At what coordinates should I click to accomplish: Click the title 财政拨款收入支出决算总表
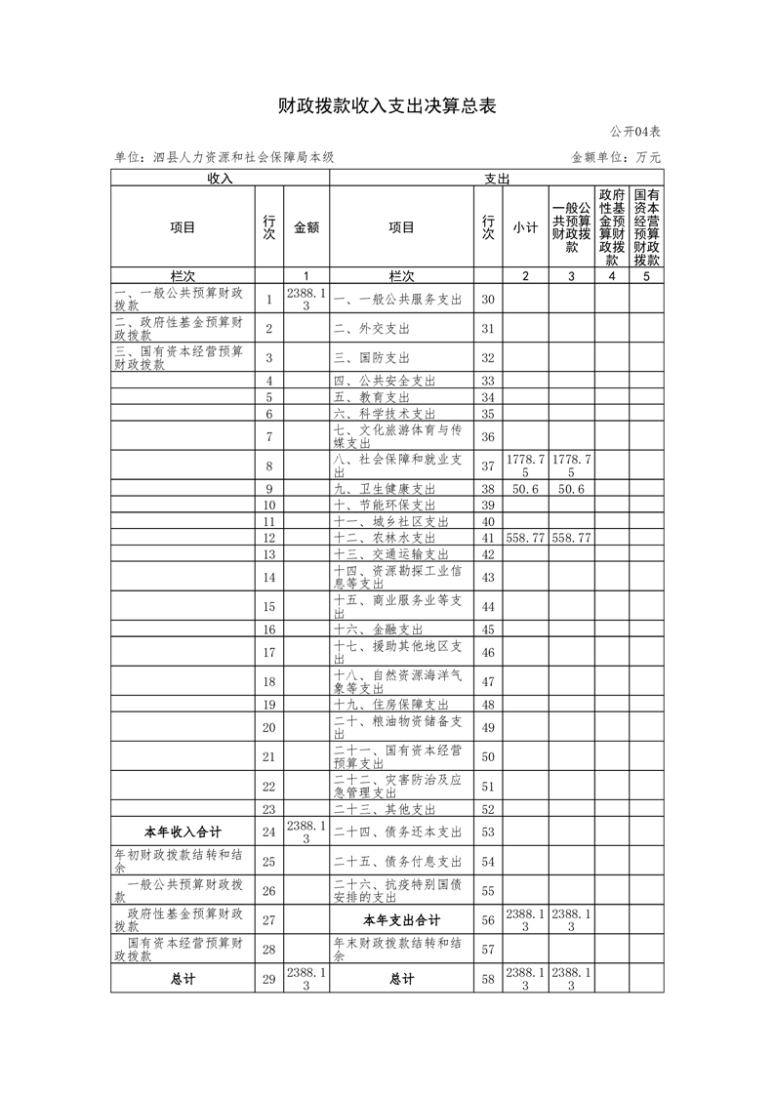tap(387, 106)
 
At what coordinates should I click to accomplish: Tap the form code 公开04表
tap(635, 132)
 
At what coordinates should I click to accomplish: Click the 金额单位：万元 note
tap(615, 157)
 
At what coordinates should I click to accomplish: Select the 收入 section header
tap(220, 179)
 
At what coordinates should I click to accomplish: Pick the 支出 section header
tap(497, 179)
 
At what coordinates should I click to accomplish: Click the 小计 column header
tap(525, 227)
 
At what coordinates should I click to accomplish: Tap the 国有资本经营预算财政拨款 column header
tap(646, 227)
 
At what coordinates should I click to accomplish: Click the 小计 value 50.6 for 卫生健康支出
tap(525, 489)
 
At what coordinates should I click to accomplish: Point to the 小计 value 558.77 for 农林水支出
tap(525, 538)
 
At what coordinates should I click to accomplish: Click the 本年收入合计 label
tap(183, 832)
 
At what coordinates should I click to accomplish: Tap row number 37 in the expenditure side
tap(488, 466)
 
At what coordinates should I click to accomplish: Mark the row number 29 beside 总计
tap(269, 979)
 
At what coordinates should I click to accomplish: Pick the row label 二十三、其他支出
tap(385, 809)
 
